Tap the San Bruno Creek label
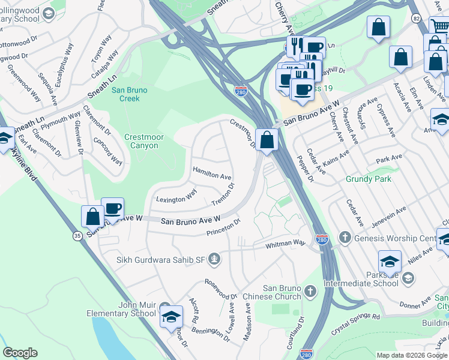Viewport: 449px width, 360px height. [x=125, y=94]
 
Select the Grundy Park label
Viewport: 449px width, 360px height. [x=368, y=179]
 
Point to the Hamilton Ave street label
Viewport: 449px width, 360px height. [x=212, y=173]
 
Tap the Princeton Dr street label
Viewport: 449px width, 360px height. [x=223, y=226]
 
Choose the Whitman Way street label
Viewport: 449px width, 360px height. [x=287, y=244]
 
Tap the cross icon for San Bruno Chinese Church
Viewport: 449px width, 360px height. [x=310, y=292]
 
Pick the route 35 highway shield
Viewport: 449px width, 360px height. [x=77, y=236]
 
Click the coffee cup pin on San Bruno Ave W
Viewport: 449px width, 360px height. [x=112, y=208]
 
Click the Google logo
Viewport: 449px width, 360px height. [x=20, y=353]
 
